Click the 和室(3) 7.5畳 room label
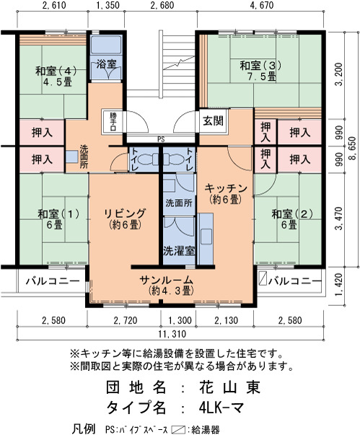260,71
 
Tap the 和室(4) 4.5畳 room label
56,76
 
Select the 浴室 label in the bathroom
106,64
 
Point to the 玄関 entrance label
213,121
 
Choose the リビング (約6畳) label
125,219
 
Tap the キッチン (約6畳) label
225,193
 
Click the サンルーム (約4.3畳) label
167,285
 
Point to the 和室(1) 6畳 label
58,219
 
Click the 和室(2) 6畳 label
292,219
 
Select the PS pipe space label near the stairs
161,139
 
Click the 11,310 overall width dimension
172,334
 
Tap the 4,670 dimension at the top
262,5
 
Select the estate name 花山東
229,387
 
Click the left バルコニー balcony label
53,281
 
